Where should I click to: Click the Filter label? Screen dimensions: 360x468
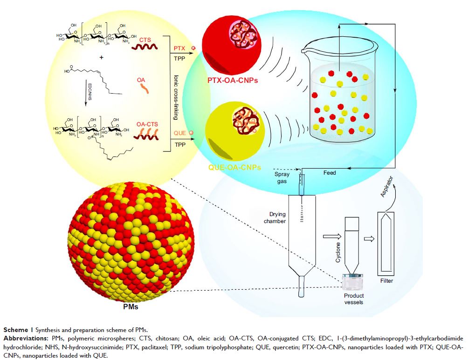coord(386,281)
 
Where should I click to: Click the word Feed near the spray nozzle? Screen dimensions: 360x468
coord(330,173)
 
